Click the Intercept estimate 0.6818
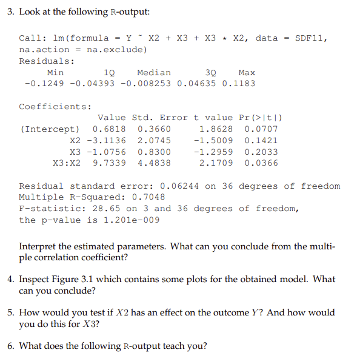point(109,129)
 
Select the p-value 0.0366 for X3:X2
point(261,163)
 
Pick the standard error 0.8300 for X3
point(154,152)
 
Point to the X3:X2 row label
point(67,163)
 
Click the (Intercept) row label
point(49,129)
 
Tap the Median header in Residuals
point(154,72)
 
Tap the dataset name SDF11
point(311,38)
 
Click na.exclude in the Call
point(117,50)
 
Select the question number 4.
point(11,280)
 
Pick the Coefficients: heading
point(55,107)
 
